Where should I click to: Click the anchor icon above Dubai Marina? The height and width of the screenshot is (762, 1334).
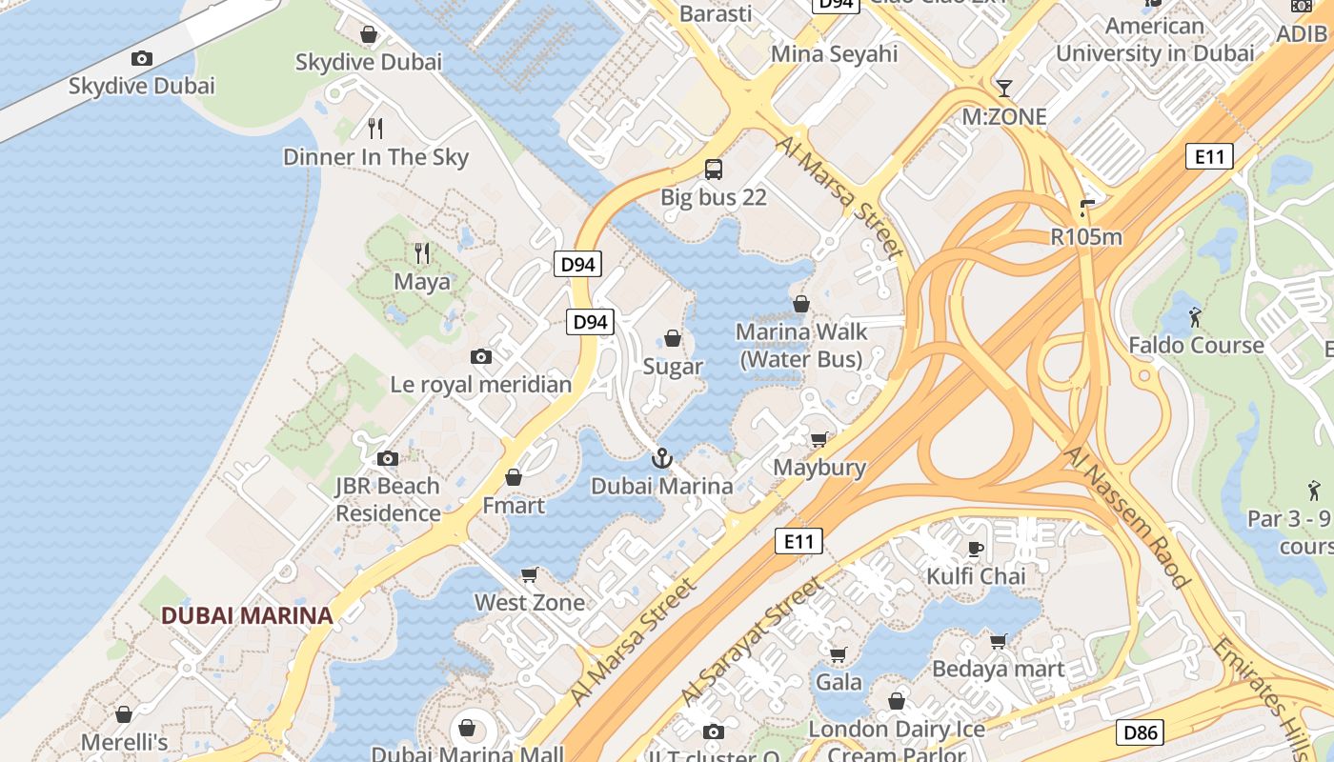point(661,459)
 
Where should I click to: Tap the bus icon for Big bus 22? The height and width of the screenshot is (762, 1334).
point(713,170)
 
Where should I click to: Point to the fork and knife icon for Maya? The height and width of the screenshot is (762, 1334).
point(422,253)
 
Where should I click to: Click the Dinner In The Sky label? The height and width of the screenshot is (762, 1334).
point(375,157)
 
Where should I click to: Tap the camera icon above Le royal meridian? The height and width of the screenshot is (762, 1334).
point(481,357)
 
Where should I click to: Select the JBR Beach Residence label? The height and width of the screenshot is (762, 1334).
point(388,499)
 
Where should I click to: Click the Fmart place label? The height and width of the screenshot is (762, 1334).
point(514,506)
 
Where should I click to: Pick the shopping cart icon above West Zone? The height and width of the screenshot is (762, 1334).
point(530,574)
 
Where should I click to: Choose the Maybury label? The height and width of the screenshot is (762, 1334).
point(819,468)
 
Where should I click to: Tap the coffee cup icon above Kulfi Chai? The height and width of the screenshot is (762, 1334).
point(976,549)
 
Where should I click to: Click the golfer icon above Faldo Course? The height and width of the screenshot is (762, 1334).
point(1195,316)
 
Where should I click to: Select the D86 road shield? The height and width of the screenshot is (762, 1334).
point(1139,732)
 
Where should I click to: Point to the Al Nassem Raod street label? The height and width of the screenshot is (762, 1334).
point(1127,517)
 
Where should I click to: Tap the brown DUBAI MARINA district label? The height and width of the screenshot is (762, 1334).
point(247,615)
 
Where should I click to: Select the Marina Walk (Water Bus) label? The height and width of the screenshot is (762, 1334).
point(801,345)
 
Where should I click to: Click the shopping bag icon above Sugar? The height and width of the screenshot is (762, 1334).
point(673,338)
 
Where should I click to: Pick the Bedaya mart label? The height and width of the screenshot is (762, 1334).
point(998,670)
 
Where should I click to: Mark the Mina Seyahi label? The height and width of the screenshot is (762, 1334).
point(834,53)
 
